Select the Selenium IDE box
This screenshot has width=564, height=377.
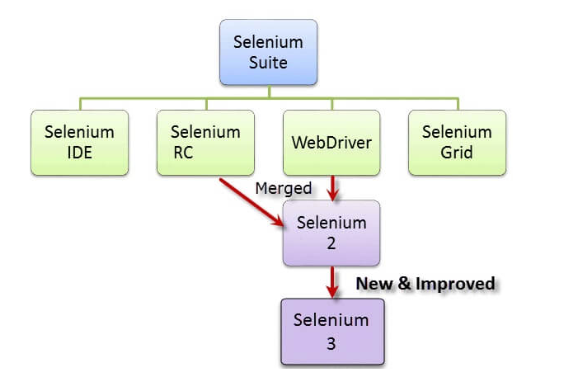(79, 142)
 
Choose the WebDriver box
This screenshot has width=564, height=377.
(331, 142)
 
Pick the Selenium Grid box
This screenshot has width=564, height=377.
(457, 142)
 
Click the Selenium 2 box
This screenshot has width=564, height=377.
(331, 233)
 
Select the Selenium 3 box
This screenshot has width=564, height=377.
(331, 331)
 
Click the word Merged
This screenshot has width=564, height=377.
(284, 189)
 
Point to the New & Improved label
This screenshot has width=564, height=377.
(425, 284)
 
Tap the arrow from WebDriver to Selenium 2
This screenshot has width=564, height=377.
(331, 187)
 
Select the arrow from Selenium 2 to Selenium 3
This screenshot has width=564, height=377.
(331, 281)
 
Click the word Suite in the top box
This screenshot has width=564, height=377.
(268, 60)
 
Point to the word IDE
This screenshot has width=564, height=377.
(79, 153)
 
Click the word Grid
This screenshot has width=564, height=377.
(457, 153)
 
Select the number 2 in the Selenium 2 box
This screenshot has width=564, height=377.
(331, 243)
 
